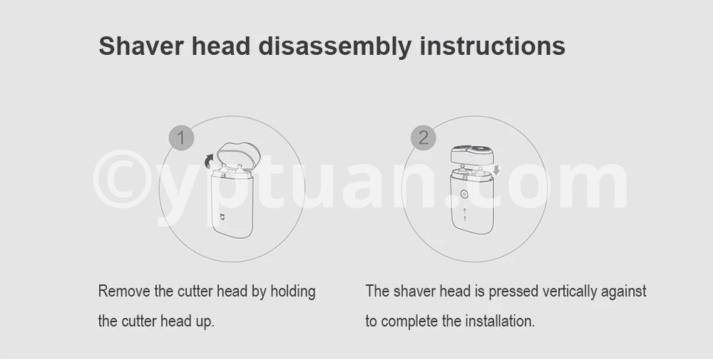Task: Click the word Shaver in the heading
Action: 141,46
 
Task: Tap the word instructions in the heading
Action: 493,46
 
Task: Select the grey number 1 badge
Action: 181,138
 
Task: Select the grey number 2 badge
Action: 424,138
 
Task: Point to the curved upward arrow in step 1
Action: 209,160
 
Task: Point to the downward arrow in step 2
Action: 496,170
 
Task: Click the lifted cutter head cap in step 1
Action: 238,156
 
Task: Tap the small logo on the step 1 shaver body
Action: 222,217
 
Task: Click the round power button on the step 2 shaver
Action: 464,194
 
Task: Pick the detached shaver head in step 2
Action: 472,155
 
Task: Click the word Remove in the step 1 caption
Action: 124,291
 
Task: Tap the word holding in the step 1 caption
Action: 293,292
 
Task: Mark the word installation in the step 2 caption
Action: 500,322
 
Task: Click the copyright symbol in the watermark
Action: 122,180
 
